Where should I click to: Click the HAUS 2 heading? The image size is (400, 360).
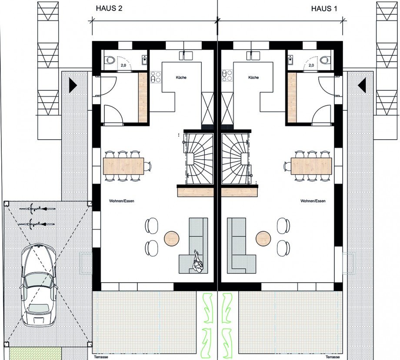[x=109, y=8]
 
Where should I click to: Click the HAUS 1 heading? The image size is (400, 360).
[x=324, y=9]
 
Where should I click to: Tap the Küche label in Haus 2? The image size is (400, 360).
[x=181, y=77]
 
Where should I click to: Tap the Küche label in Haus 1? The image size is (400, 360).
[x=253, y=77]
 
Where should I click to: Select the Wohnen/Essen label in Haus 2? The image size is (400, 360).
[x=121, y=201]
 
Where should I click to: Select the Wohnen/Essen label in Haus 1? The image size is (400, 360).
[x=313, y=201]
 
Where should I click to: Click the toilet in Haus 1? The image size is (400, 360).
[x=325, y=60]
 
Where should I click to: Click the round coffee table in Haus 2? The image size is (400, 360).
[x=172, y=238]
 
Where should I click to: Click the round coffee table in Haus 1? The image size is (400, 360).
[x=263, y=238]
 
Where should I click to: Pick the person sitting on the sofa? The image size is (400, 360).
[x=198, y=261]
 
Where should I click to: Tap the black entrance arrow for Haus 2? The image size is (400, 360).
[x=73, y=85]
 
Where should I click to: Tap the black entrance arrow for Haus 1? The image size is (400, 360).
[x=362, y=85]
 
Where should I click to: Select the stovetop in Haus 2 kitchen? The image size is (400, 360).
[x=156, y=77]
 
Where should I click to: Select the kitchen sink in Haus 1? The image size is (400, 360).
[x=253, y=55]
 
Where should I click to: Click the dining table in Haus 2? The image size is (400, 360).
[x=123, y=166]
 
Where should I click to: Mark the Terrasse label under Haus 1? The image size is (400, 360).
[x=333, y=357]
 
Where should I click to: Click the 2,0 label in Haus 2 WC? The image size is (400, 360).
[x=123, y=65]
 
